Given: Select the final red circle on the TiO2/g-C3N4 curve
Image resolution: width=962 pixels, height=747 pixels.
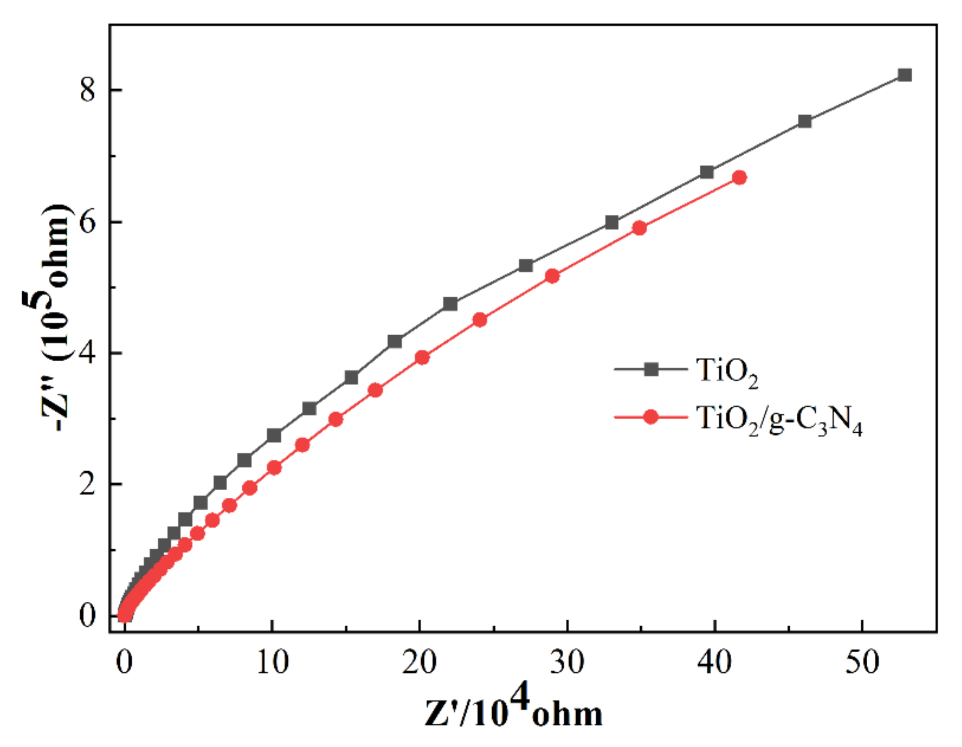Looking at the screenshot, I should tap(740, 178).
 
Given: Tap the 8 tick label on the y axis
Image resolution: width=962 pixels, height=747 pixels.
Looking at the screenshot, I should tap(87, 90).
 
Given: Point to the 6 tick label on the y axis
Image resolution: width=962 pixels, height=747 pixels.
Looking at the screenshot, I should tap(87, 222).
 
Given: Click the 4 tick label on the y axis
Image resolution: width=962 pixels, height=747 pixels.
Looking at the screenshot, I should tap(87, 353).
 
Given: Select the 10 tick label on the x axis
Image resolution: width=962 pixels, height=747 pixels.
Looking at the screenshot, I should tap(272, 662).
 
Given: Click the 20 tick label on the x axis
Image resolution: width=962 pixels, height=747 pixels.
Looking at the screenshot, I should tap(419, 662).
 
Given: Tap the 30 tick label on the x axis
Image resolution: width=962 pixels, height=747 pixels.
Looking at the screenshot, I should tap(567, 662).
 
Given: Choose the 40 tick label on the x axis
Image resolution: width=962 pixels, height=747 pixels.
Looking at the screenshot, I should tap(715, 662).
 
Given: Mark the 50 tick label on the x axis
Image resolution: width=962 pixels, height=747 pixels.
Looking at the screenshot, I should tap(862, 662).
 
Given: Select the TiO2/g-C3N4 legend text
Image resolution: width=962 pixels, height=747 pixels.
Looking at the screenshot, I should tap(779, 421).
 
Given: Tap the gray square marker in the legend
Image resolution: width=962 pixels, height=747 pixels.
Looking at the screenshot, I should tap(651, 370).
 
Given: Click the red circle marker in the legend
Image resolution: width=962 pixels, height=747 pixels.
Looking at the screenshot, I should tap(651, 417).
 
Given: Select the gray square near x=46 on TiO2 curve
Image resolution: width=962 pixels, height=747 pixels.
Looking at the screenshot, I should tap(805, 122).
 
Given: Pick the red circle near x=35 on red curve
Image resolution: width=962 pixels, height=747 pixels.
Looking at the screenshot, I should tap(640, 228).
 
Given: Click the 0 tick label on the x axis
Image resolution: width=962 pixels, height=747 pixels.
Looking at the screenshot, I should tap(124, 662).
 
